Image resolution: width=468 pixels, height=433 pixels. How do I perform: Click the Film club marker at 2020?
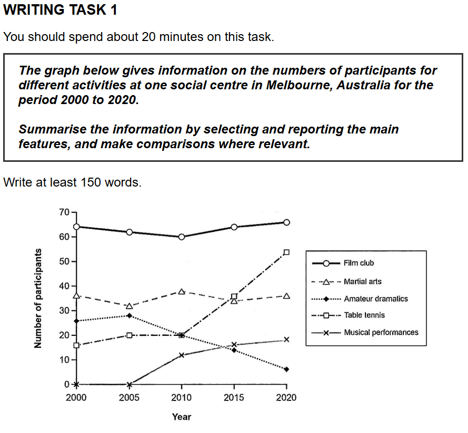click(x=286, y=222)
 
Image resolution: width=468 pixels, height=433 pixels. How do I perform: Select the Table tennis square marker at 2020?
click(x=286, y=252)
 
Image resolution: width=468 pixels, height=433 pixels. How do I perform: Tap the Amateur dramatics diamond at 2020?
click(x=286, y=369)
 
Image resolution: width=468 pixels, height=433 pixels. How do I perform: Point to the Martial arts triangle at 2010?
click(x=182, y=291)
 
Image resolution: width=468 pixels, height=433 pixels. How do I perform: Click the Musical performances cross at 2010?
click(x=182, y=355)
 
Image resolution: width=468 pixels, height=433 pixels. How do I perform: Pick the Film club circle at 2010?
click(x=182, y=236)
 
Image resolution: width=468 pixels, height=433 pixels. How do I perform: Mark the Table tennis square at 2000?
click(x=77, y=345)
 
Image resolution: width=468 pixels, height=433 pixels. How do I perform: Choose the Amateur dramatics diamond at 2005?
click(x=129, y=315)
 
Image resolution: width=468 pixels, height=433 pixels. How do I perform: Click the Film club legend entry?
click(x=359, y=263)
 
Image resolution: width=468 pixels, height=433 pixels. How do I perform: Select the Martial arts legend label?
click(x=362, y=282)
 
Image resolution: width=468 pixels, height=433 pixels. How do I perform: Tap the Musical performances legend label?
click(x=381, y=332)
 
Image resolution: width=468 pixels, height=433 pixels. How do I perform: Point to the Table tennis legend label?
click(x=364, y=315)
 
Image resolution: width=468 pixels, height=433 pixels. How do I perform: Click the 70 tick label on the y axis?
click(x=64, y=212)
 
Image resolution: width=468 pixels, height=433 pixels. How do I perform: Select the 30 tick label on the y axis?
click(x=64, y=311)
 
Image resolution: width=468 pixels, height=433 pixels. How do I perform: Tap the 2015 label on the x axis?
click(x=234, y=397)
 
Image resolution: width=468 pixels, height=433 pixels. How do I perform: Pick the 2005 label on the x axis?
click(x=129, y=397)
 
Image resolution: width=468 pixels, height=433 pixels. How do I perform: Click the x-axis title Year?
click(x=182, y=417)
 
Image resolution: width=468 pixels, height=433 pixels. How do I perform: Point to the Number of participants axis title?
click(x=37, y=298)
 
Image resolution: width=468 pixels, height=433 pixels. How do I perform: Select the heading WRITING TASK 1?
click(x=61, y=10)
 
